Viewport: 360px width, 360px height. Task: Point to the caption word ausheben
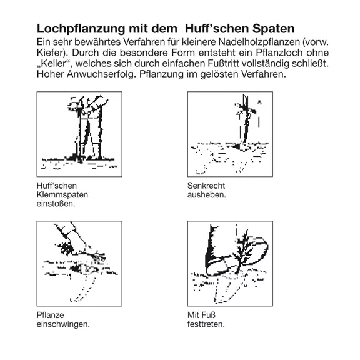207,195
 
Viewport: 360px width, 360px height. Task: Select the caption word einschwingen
63,324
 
